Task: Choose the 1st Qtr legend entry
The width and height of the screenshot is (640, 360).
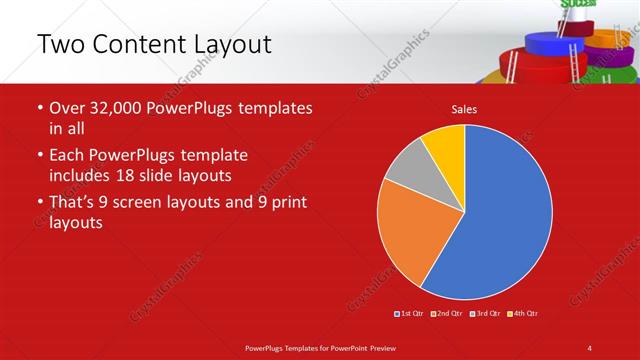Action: [x=410, y=314]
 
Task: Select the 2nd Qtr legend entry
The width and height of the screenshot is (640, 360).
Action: [x=446, y=314]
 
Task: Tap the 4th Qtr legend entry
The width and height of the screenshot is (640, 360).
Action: [x=523, y=314]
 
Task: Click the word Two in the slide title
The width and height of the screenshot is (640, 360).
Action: [x=59, y=44]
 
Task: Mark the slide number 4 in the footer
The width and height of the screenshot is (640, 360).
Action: [x=589, y=347]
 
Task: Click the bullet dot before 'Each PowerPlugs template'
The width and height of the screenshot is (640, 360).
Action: [x=40, y=156]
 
